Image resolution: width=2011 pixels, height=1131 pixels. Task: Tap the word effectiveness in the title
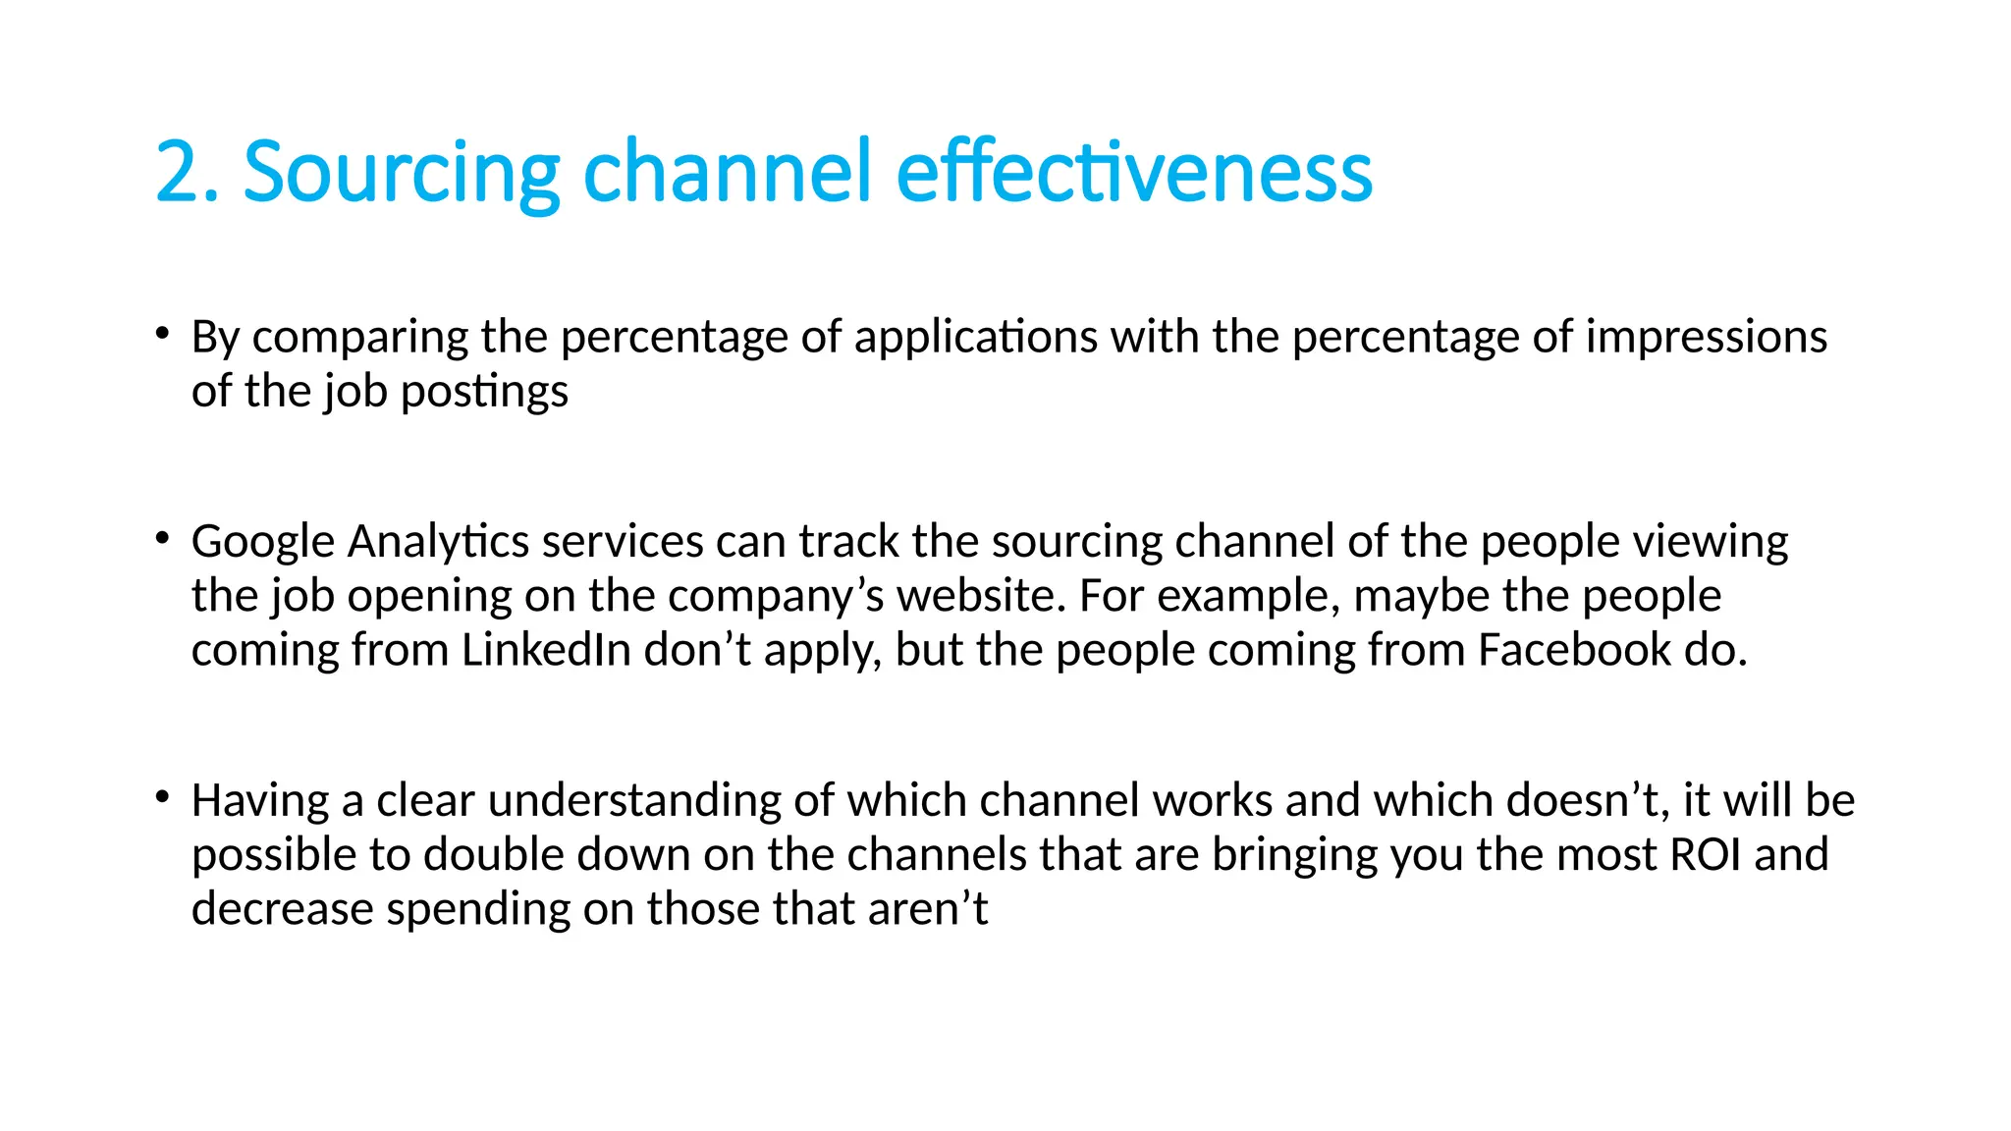[1134, 172]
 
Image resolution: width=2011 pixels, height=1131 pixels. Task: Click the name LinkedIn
[546, 650]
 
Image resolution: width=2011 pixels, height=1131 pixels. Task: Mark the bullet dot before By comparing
[162, 333]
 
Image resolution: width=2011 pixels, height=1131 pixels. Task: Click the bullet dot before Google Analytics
[162, 538]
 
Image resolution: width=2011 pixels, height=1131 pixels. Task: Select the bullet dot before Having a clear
[162, 796]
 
